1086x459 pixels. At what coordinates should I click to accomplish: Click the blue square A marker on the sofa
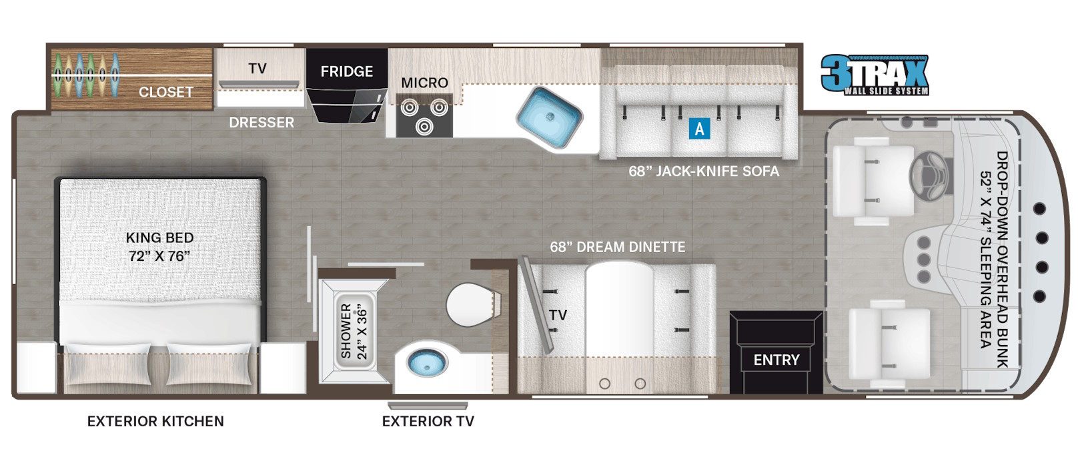699,129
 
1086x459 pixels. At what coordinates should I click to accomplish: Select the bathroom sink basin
426,362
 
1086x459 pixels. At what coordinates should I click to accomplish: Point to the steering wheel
929,175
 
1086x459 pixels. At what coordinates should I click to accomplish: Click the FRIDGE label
347,72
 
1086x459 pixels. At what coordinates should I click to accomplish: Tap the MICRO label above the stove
424,83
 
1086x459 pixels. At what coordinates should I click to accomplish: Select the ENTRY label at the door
776,360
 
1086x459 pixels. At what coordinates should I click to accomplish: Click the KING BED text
159,238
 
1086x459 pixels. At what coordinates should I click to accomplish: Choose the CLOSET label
166,92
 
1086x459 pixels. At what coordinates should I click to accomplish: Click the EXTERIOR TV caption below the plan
428,421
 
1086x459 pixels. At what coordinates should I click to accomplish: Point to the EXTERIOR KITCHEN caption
155,421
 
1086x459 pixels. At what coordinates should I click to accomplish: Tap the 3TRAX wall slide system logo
875,74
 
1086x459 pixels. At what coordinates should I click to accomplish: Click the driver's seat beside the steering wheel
873,181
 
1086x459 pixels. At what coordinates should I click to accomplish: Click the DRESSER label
261,123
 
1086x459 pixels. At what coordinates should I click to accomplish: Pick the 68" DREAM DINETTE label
617,248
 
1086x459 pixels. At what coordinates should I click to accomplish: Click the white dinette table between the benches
619,310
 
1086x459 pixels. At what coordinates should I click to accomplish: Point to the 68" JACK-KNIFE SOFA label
704,171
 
